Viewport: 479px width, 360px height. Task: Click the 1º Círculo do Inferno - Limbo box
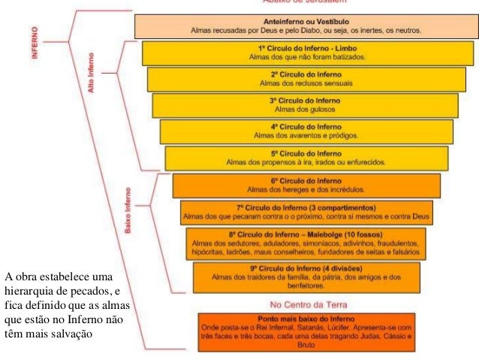click(309, 53)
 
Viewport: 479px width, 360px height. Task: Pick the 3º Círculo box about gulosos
click(305, 104)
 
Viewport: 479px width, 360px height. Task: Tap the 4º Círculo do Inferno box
click(306, 132)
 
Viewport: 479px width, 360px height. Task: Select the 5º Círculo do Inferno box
click(307, 158)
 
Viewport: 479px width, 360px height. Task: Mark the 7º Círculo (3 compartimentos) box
click(306, 212)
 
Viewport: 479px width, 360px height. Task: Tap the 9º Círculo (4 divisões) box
click(306, 277)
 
